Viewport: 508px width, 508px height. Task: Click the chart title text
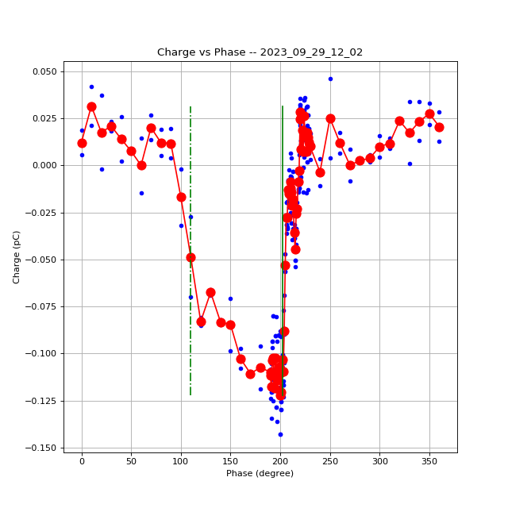[x=260, y=52]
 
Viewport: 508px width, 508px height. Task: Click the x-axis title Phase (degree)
[x=260, y=473]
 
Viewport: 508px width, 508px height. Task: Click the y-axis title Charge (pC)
[x=17, y=256]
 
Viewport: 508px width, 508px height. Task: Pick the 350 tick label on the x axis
[x=429, y=460]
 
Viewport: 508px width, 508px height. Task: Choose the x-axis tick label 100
[x=181, y=460]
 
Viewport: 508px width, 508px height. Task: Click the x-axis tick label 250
[x=330, y=460]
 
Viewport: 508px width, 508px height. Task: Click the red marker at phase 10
[x=91, y=106]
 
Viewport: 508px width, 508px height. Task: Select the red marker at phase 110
[x=190, y=257]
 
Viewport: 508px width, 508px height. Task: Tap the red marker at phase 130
[x=210, y=292]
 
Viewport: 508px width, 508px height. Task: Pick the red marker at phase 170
[x=250, y=374]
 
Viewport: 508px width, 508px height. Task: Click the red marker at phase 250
[x=330, y=118]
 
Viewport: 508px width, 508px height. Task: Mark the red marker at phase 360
[x=439, y=127]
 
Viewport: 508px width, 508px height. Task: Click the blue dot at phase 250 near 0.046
[x=330, y=79]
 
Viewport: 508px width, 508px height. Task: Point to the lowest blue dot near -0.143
[x=280, y=434]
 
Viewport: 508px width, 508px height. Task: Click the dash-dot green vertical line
[x=190, y=349]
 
